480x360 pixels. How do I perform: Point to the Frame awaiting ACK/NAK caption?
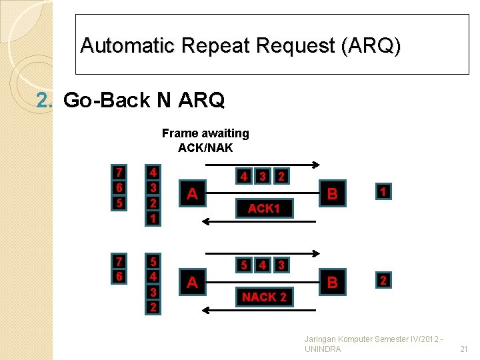click(x=205, y=140)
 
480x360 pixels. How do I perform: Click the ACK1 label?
click(x=263, y=208)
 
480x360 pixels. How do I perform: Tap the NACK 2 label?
click(x=264, y=297)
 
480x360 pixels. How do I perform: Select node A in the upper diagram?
click(x=192, y=194)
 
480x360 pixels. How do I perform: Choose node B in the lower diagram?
click(x=332, y=282)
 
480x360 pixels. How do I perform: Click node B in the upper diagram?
click(x=332, y=194)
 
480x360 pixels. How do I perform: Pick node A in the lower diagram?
click(x=192, y=282)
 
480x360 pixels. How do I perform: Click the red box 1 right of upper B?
click(x=383, y=192)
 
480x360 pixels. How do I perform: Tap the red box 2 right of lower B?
click(x=383, y=280)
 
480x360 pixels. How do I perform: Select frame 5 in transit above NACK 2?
click(x=245, y=265)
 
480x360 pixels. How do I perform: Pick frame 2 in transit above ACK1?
click(x=282, y=177)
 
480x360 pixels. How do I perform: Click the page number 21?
click(x=464, y=349)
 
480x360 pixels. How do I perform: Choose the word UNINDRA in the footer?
click(x=322, y=349)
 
